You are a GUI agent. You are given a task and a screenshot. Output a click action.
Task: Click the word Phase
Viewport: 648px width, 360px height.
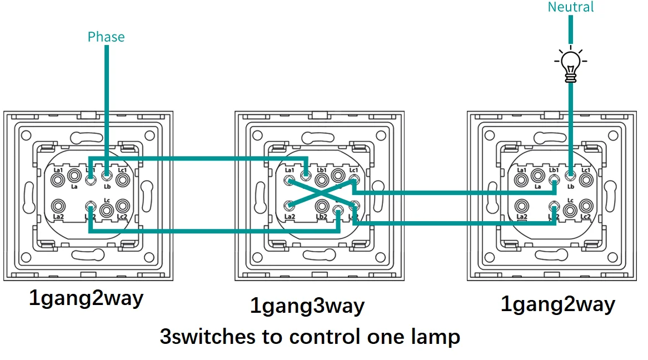(x=106, y=37)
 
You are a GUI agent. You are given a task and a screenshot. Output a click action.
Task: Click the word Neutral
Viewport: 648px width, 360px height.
(x=571, y=7)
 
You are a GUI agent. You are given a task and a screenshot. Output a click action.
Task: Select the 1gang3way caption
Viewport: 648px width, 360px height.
(x=307, y=306)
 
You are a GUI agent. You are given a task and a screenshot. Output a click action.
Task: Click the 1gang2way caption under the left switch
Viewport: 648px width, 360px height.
(x=86, y=299)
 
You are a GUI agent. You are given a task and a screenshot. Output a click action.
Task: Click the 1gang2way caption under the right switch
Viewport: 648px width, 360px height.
(x=558, y=304)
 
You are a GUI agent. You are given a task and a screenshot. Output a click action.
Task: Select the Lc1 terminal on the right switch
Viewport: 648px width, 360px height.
(x=586, y=179)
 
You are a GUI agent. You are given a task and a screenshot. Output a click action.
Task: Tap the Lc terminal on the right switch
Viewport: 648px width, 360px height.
(x=570, y=211)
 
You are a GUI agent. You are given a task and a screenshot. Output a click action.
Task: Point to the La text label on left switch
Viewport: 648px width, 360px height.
(x=73, y=187)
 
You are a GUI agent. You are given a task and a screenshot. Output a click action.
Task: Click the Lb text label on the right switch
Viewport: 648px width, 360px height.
(x=570, y=187)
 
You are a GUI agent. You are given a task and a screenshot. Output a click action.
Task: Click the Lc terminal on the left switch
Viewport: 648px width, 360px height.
(x=106, y=211)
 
